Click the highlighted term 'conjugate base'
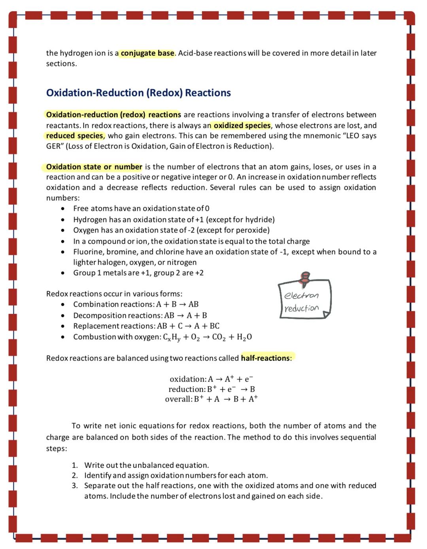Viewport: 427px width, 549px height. coord(147,53)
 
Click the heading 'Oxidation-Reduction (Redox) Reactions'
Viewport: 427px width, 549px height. coord(138,93)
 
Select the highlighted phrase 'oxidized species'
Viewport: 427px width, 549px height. coord(242,125)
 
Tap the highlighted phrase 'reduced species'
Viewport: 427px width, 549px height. coord(75,136)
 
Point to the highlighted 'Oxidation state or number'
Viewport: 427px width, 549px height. coord(94,167)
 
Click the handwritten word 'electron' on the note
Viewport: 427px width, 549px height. coord(301,296)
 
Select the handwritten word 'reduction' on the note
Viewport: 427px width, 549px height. coord(301,308)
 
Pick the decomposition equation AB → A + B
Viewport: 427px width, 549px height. coord(185,315)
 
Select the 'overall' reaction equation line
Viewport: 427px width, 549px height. coord(211,399)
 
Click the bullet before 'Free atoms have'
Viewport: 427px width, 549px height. coord(62,209)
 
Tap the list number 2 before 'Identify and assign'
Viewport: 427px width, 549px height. coord(74,475)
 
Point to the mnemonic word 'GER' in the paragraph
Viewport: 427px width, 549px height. coord(54,146)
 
